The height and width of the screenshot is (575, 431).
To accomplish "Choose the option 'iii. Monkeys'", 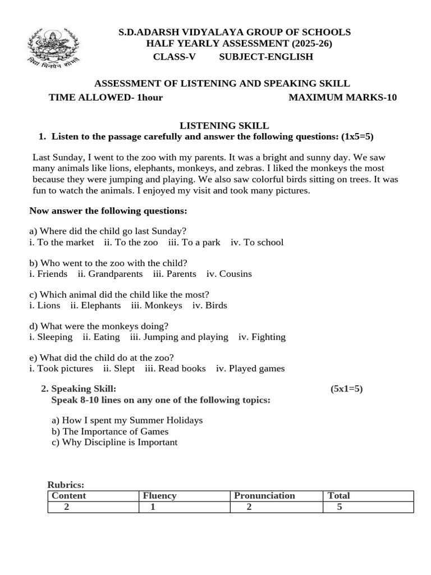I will click(x=157, y=305).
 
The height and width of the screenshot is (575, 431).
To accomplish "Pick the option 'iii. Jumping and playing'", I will click(x=179, y=337).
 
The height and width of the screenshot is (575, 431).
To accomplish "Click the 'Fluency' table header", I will click(x=160, y=496).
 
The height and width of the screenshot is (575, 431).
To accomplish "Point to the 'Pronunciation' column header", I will click(x=264, y=496).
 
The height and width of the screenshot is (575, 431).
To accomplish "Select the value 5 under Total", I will click(x=339, y=507).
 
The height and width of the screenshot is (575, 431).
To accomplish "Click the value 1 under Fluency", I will click(x=153, y=507).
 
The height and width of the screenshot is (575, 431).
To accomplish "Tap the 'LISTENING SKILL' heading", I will click(x=224, y=126).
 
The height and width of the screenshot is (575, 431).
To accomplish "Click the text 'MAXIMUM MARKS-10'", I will click(x=342, y=98).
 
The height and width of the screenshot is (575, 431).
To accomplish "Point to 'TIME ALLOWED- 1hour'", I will click(x=106, y=98).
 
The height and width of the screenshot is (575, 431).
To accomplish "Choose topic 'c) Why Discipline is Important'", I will click(x=114, y=442).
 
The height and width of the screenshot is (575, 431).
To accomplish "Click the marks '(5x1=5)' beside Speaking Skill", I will click(x=347, y=389).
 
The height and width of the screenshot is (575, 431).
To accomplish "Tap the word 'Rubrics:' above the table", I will click(x=66, y=485).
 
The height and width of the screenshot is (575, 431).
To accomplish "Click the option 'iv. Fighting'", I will click(x=262, y=337).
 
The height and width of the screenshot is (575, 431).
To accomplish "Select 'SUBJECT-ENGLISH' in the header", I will click(x=266, y=57).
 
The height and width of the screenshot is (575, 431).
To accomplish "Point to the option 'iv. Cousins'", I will click(x=229, y=274).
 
